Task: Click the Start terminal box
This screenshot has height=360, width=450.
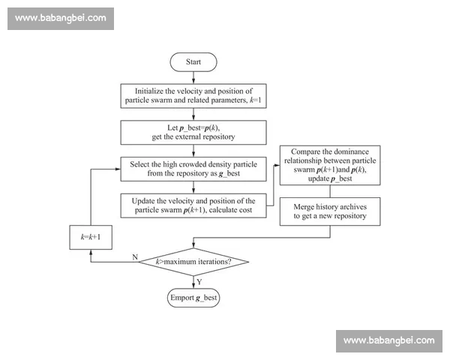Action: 194,62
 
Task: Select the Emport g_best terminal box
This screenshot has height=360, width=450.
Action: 194,298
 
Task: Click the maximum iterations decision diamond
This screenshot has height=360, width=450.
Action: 193,261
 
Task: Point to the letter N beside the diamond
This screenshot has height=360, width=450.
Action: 135,256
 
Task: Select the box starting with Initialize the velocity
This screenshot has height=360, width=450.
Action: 194,95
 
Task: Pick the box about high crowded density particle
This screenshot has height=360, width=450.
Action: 194,168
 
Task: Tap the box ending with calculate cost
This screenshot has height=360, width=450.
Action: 194,205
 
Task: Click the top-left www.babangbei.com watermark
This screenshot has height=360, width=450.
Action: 60,18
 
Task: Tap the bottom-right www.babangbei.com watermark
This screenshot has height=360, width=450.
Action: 388,340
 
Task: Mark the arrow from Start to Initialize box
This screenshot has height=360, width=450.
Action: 194,77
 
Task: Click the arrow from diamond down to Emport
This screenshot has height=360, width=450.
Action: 194,282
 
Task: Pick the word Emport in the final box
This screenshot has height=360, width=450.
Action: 181,298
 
